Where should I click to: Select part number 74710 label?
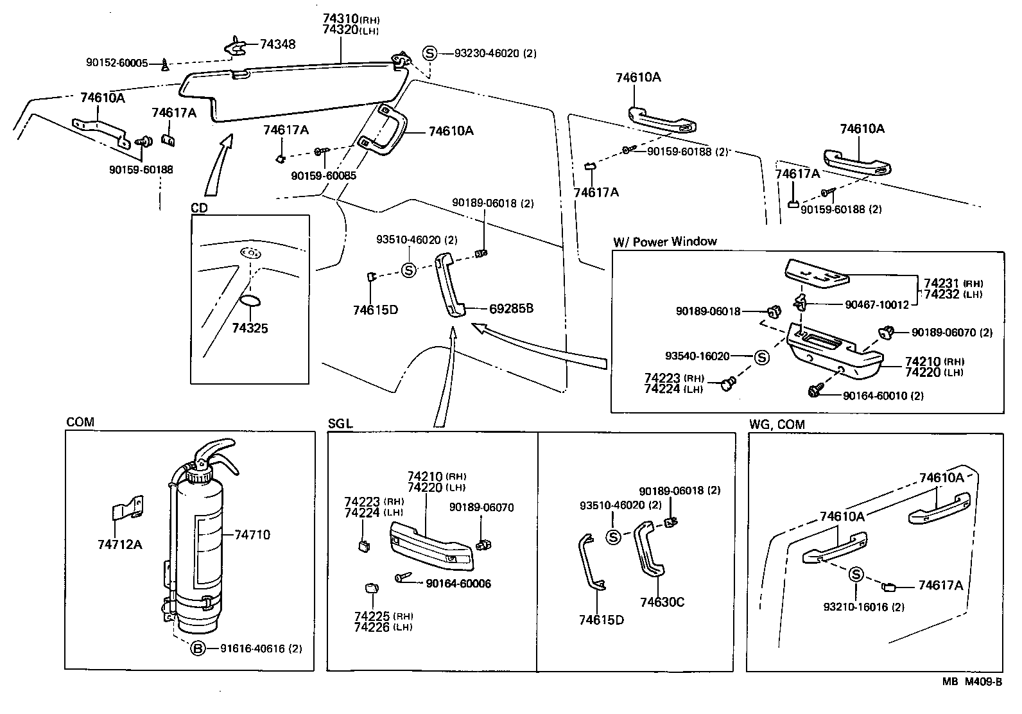click(252, 534)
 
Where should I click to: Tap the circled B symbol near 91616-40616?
click(198, 649)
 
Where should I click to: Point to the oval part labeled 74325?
click(250, 302)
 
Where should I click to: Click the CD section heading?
click(199, 208)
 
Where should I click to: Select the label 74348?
click(278, 44)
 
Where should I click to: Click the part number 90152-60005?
click(117, 63)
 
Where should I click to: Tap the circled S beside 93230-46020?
click(429, 53)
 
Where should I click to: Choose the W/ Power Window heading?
click(664, 242)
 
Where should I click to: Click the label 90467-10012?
click(876, 304)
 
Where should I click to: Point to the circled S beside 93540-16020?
click(761, 357)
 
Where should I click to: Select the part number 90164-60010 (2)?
click(883, 396)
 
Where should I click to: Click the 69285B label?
click(511, 309)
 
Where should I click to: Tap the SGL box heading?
click(340, 424)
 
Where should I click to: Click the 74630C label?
click(662, 602)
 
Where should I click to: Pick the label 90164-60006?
click(458, 584)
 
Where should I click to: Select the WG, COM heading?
click(777, 424)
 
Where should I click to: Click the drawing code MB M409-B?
click(971, 682)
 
